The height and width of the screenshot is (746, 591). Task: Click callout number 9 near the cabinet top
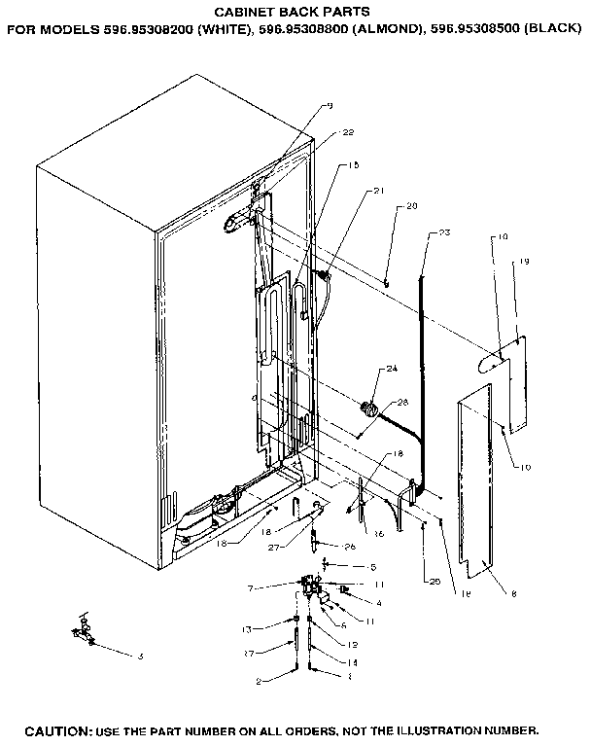pos(330,105)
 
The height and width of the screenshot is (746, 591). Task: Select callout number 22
pos(348,133)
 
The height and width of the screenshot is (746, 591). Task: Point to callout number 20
pos(411,205)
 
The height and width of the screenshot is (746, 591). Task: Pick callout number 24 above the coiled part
pos(392,369)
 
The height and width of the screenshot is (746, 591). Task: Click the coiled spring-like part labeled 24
pos(368,407)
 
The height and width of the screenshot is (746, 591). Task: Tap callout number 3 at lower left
pos(140,657)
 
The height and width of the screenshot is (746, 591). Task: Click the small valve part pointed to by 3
pos(80,633)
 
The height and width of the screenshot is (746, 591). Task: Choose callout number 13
pos(247,629)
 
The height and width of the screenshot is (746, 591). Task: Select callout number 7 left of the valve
pos(250,588)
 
